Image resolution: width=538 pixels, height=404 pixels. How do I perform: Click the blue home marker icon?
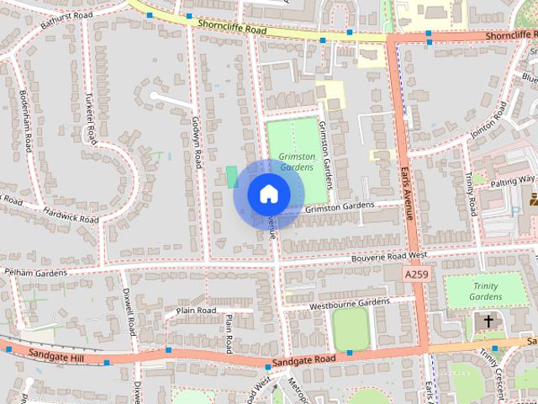pyautogui.click(x=268, y=194)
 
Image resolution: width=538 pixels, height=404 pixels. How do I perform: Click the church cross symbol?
pyautogui.click(x=488, y=321)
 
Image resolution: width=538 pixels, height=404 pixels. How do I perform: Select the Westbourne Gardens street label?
pyautogui.click(x=350, y=303)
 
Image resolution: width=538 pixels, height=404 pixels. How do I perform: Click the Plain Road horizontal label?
pyautogui.click(x=197, y=311)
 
